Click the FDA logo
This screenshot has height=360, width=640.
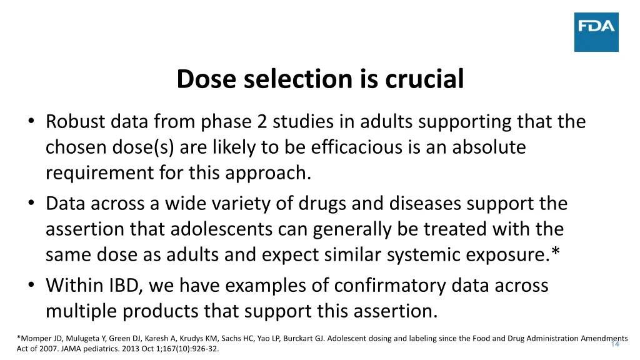tap(596, 32)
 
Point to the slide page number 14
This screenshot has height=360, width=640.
tap(615, 344)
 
